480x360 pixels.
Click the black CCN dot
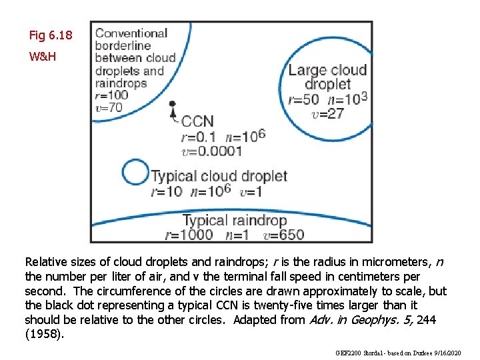(172, 104)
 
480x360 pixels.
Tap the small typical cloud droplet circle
(137, 173)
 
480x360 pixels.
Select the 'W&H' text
(43, 57)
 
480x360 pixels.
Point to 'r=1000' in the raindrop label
(189, 234)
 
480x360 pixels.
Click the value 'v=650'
(283, 234)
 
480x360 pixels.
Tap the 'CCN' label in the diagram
(197, 121)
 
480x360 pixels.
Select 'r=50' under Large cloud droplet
(303, 99)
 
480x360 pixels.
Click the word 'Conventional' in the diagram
(131, 33)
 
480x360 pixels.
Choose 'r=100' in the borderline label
(112, 95)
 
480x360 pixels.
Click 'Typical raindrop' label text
(235, 220)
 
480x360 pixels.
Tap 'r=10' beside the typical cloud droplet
(167, 191)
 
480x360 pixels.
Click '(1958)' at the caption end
(45, 334)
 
